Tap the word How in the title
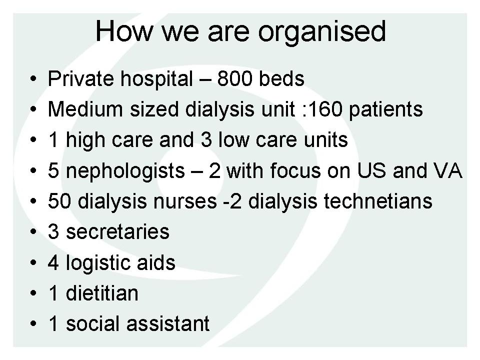click(124, 30)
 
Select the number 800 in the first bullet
click(234, 79)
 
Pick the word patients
click(385, 110)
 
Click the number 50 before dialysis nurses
click(59, 201)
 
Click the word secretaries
click(117, 232)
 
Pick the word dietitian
click(102, 293)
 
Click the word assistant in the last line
click(168, 324)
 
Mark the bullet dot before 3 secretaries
click(33, 232)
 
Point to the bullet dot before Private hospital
click(33, 79)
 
